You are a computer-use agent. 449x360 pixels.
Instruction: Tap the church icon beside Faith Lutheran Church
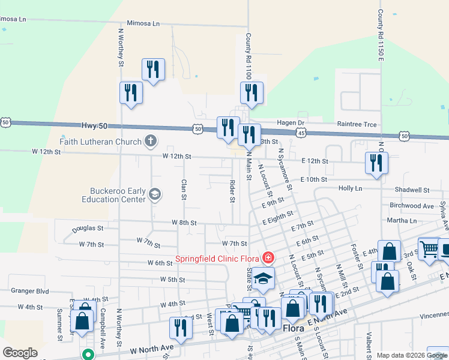click(150, 142)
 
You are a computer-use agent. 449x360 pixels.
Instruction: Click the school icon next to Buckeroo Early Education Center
click(155, 193)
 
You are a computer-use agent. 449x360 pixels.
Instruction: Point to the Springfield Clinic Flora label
click(217, 259)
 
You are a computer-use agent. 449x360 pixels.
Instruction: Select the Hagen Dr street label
click(291, 122)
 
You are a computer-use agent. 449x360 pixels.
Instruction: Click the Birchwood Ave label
click(412, 205)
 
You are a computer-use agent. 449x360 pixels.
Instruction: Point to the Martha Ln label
click(402, 221)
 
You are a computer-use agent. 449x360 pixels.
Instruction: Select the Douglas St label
click(88, 229)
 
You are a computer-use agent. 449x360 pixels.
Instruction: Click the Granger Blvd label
click(29, 290)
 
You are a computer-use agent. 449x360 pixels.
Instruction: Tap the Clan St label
click(184, 189)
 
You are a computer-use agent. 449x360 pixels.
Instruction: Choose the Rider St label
click(232, 190)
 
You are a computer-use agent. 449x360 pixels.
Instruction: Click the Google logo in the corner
click(20, 353)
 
